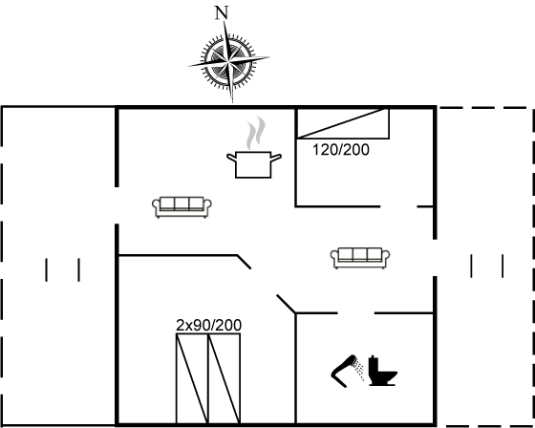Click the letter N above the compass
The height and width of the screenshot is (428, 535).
tap(222, 13)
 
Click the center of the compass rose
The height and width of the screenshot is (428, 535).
tap(228, 62)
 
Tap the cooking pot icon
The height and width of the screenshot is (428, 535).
tap(253, 164)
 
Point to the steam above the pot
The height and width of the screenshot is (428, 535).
tap(256, 133)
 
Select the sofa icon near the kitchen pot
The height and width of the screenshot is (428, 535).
tap(182, 206)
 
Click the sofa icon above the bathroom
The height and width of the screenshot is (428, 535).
tap(360, 258)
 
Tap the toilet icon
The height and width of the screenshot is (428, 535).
tap(383, 371)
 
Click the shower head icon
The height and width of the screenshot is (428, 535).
tap(347, 371)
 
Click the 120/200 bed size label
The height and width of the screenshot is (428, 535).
tap(341, 150)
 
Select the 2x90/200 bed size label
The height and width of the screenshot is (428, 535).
tap(209, 325)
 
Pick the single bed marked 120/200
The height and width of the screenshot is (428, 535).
tap(343, 123)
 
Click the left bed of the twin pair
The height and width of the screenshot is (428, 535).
tap(192, 378)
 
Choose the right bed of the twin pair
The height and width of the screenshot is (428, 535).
tap(225, 378)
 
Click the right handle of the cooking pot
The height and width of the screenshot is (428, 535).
tap(276, 158)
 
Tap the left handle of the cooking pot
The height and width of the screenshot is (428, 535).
tap(232, 158)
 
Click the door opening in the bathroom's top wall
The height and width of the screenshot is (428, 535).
tap(355, 312)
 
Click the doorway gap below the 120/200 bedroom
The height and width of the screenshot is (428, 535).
tap(398, 206)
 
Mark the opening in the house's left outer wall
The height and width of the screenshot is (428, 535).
tap(117, 205)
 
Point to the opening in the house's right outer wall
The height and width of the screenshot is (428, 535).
tap(435, 258)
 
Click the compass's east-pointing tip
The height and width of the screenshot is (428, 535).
tap(269, 57)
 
